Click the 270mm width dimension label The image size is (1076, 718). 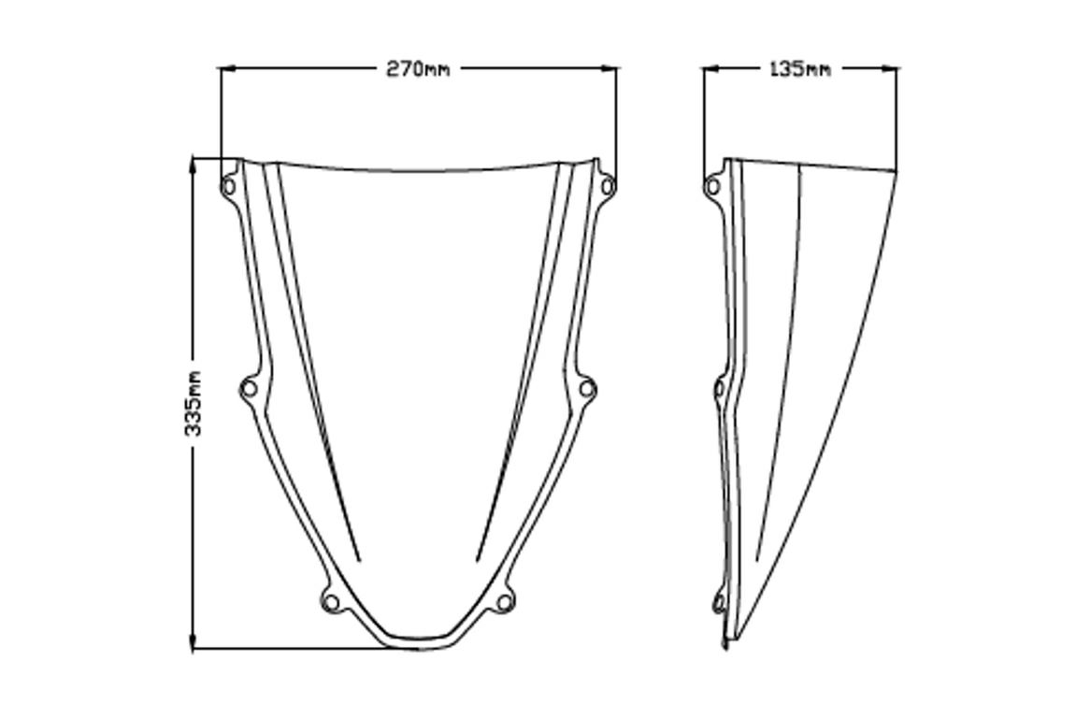[418, 68]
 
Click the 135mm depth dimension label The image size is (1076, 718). [799, 68]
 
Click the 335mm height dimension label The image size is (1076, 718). [194, 404]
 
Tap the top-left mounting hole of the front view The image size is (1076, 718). [228, 186]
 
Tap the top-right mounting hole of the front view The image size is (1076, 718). [608, 185]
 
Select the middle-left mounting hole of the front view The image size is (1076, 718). [250, 389]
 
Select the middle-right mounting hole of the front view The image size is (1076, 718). [587, 389]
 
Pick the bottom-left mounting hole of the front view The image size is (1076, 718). [332, 603]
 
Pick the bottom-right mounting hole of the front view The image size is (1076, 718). [505, 603]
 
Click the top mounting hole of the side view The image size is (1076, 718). [713, 185]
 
